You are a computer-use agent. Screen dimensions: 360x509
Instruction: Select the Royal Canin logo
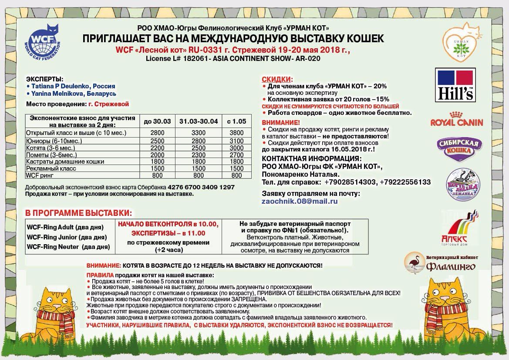pyautogui.click(x=456, y=119)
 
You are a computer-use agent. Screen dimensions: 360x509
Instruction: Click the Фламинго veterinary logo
pyautogui.click(x=440, y=262)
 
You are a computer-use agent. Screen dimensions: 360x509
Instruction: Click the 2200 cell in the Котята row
pyautogui.click(x=157, y=148)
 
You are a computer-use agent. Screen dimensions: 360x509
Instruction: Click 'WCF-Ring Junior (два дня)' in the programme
pyautogui.click(x=67, y=237)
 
